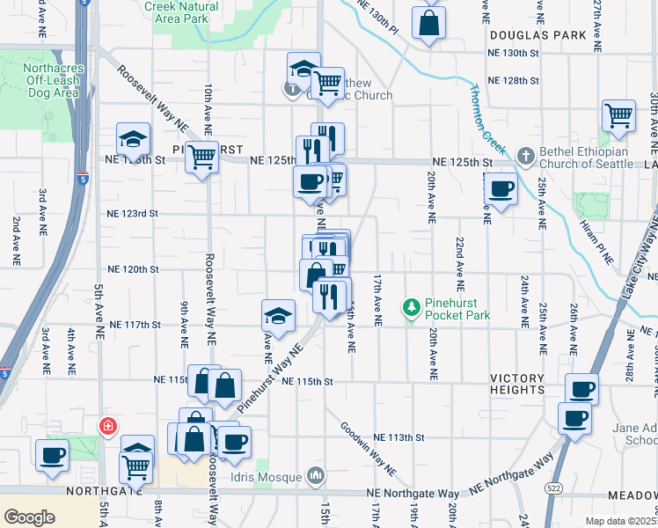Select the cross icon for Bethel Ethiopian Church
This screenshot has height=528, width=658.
[525, 156]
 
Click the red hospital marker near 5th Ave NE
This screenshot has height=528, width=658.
[107, 427]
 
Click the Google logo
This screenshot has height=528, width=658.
[29, 517]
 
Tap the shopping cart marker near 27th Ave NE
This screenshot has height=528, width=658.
[618, 116]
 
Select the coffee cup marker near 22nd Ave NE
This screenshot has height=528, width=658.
[501, 188]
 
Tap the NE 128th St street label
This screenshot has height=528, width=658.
[513, 80]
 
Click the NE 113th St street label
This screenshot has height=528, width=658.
[398, 436]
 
